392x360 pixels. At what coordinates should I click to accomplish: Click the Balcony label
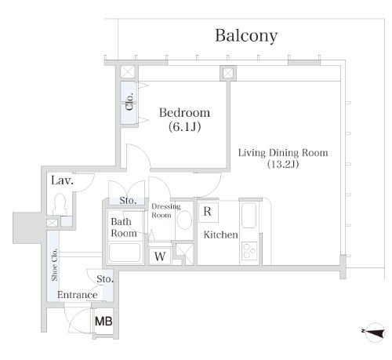point(246,36)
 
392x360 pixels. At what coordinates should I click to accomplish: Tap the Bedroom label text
point(184,113)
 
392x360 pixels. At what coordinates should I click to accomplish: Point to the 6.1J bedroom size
point(184,127)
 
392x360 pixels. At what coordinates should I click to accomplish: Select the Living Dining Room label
point(283,152)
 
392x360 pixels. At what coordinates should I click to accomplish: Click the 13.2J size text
point(283,164)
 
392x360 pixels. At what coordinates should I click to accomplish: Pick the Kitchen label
point(220,235)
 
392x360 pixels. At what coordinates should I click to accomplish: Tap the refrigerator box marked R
point(208,212)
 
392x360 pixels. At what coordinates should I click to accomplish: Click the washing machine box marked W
point(160,256)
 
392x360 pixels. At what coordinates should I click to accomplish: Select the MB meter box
point(103,322)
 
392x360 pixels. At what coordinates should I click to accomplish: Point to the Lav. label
point(62,180)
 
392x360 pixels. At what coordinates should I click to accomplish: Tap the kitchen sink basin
point(249,216)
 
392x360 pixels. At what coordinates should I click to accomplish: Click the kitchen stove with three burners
point(249,251)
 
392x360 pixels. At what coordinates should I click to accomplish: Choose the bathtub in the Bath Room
point(125,253)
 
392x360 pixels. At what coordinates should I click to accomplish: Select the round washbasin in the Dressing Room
point(184,220)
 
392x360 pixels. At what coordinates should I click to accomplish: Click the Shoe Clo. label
point(54,265)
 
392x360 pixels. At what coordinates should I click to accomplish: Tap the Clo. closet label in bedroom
point(129,101)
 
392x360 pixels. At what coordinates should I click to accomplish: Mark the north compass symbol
point(374,333)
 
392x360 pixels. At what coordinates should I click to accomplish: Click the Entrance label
point(78,295)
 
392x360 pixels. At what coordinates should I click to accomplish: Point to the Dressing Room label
point(165,210)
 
